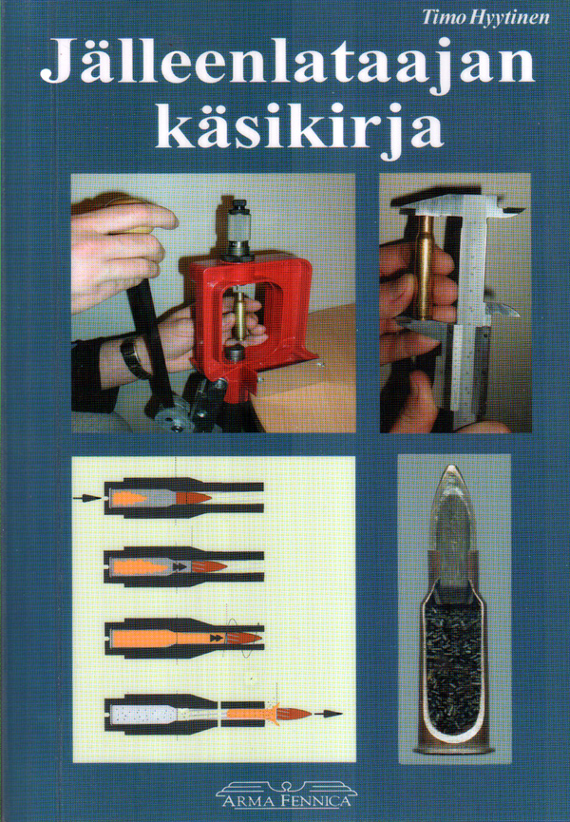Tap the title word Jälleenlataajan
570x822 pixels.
coord(285,67)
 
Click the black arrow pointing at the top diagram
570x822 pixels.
coord(87,497)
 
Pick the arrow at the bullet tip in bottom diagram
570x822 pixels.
coord(328,712)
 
